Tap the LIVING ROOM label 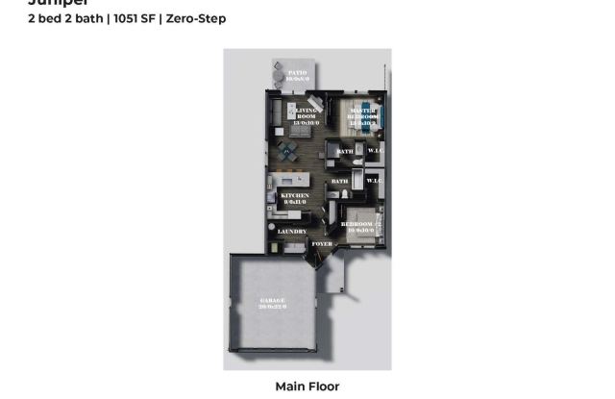point(306,116)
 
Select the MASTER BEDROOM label point(362,117)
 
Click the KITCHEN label point(293,198)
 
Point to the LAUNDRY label point(292,232)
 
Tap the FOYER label point(323,244)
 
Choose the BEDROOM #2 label point(361,227)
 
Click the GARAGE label point(273,304)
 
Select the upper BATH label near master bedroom point(346,151)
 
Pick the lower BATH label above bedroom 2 point(339,181)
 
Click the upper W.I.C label point(375,151)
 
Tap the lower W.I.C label point(375,181)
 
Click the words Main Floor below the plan point(307,387)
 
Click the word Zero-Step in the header point(196,18)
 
